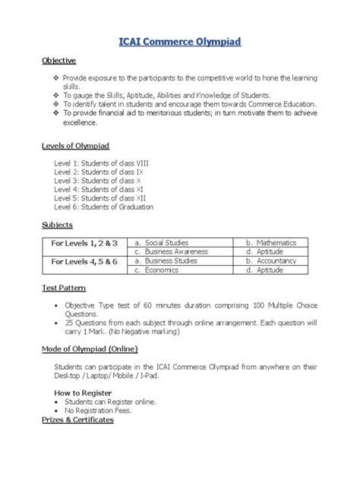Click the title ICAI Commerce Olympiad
click(x=179, y=44)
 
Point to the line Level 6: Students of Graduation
click(x=103, y=207)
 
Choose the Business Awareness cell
click(x=170, y=251)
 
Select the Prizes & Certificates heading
click(x=77, y=419)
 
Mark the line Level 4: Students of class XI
click(x=96, y=189)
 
